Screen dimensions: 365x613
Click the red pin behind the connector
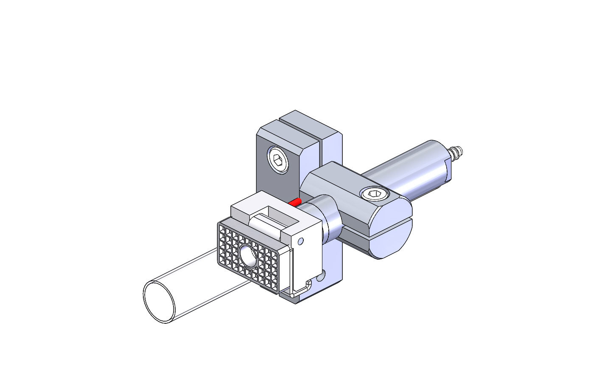click(x=295, y=202)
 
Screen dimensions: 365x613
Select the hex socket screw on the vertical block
click(x=278, y=161)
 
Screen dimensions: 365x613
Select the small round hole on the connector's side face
click(x=301, y=242)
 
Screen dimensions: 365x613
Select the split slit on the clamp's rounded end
click(x=391, y=232)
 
